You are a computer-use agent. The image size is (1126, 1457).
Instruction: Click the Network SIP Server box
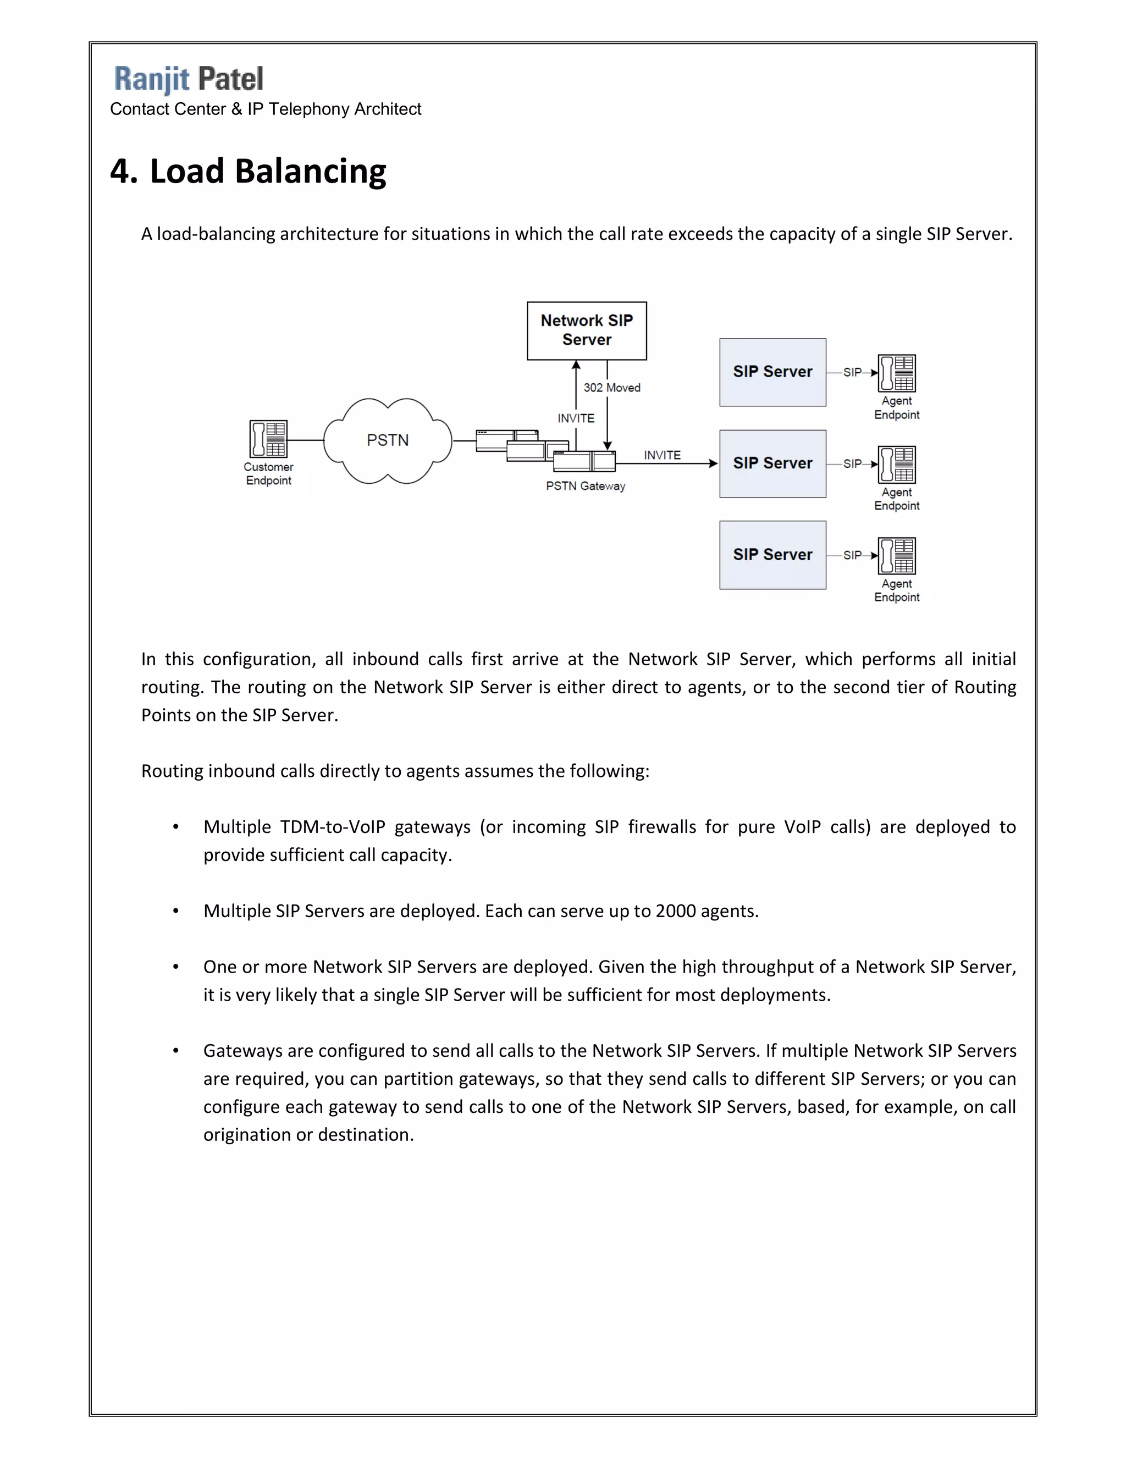click(x=586, y=331)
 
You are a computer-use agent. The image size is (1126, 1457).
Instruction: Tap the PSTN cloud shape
click(x=388, y=440)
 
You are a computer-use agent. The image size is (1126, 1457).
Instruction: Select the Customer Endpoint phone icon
click(x=268, y=438)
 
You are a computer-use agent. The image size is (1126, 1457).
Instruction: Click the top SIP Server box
click(x=772, y=372)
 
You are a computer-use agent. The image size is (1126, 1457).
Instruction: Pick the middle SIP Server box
click(x=772, y=463)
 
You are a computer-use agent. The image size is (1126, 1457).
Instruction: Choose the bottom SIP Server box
click(x=772, y=555)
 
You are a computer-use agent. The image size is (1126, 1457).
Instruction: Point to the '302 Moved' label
click(x=612, y=388)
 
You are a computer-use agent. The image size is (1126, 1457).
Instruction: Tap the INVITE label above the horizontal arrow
click(x=662, y=455)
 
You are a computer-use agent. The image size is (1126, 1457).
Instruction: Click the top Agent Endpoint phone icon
click(x=897, y=373)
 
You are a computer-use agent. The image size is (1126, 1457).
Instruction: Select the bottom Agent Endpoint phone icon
click(x=897, y=556)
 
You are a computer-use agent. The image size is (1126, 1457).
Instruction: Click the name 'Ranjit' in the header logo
click(x=152, y=79)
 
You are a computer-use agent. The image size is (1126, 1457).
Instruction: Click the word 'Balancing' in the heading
click(x=310, y=172)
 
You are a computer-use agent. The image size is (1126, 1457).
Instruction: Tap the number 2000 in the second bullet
click(x=676, y=911)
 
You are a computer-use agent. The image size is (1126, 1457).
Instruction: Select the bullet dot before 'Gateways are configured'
click(x=175, y=1051)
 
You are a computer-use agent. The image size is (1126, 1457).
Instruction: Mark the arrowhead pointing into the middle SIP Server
click(x=713, y=463)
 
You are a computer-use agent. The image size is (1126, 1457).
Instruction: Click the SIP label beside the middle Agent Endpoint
click(x=852, y=463)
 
